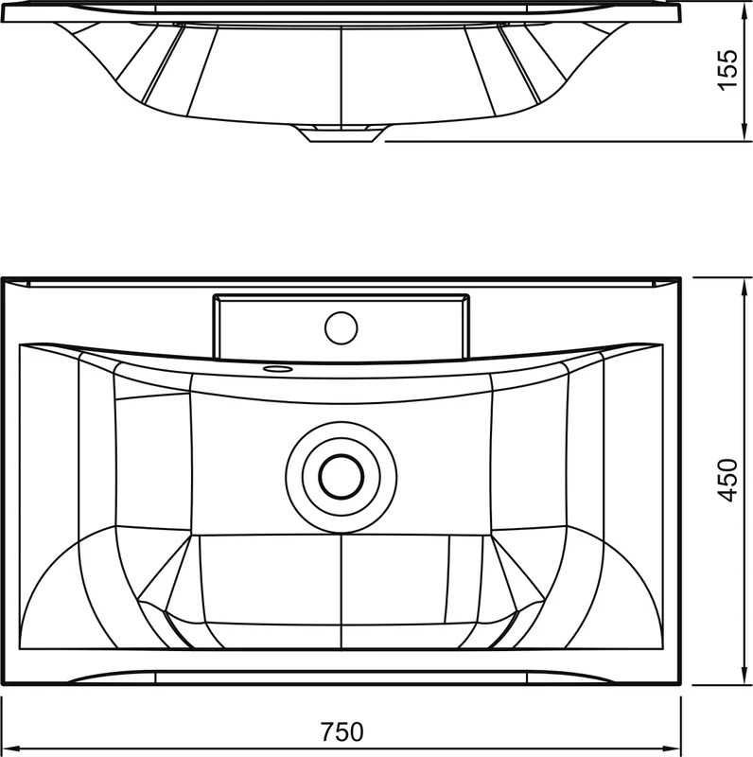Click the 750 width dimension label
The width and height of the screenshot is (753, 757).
(x=341, y=731)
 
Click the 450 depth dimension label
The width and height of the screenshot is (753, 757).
(x=727, y=480)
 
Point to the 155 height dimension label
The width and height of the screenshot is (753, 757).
(x=727, y=69)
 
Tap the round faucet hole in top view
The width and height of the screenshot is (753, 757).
(x=341, y=328)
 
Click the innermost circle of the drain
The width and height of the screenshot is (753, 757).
(x=341, y=477)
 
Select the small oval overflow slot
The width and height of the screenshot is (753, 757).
(x=277, y=369)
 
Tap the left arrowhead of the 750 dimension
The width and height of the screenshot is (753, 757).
(x=9, y=748)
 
